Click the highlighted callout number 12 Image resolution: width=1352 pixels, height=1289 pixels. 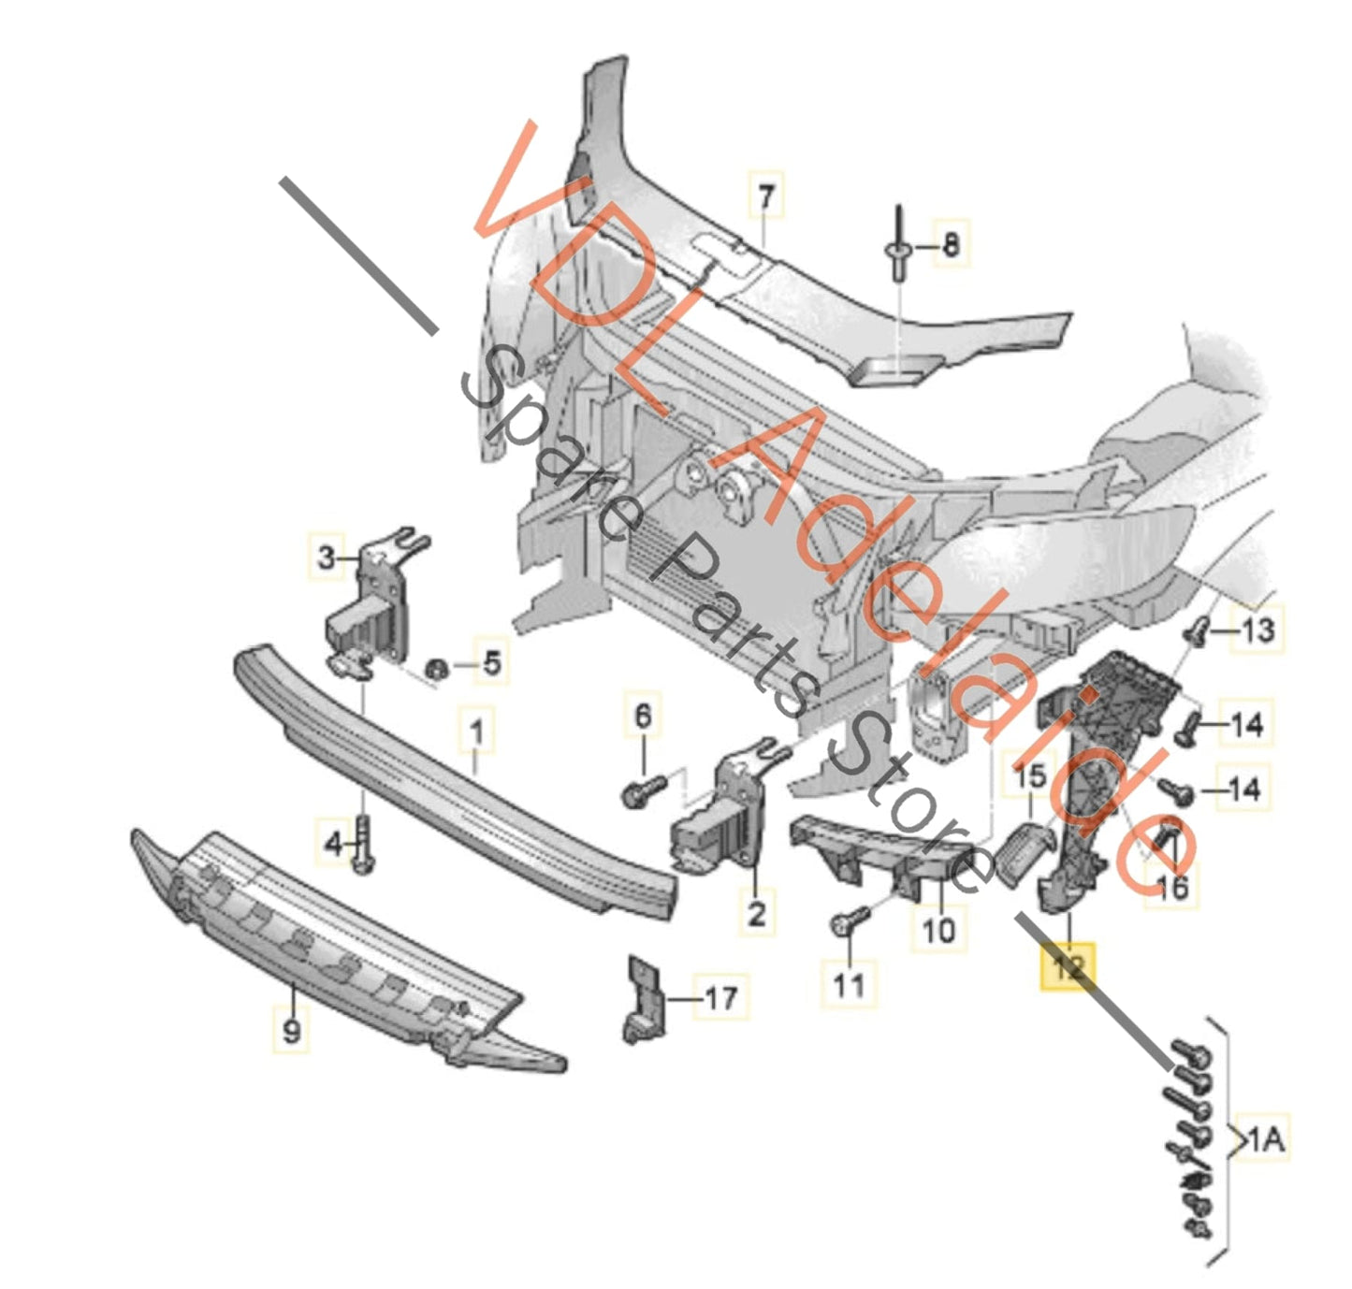(x=1069, y=966)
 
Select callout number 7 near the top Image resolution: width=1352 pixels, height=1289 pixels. (x=766, y=196)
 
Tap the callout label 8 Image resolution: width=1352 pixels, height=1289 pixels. (x=950, y=245)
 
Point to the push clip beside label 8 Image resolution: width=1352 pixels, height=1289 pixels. (x=897, y=249)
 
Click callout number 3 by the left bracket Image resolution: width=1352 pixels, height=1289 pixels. (x=326, y=558)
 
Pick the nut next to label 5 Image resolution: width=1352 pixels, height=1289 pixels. (x=435, y=670)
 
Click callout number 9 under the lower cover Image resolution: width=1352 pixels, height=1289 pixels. (x=292, y=1031)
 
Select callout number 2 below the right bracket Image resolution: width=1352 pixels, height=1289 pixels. (x=756, y=911)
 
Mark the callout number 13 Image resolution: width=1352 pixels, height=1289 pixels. (x=1257, y=630)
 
